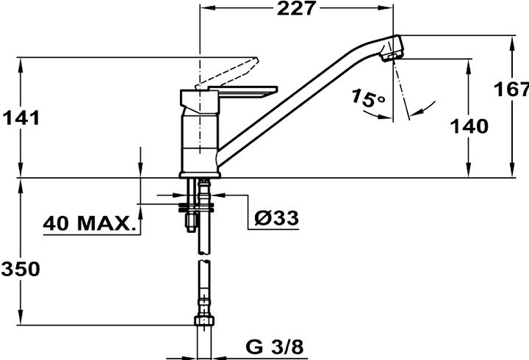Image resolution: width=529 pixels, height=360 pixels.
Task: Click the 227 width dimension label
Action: click(298, 9)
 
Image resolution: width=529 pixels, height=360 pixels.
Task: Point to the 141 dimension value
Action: click(21, 117)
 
